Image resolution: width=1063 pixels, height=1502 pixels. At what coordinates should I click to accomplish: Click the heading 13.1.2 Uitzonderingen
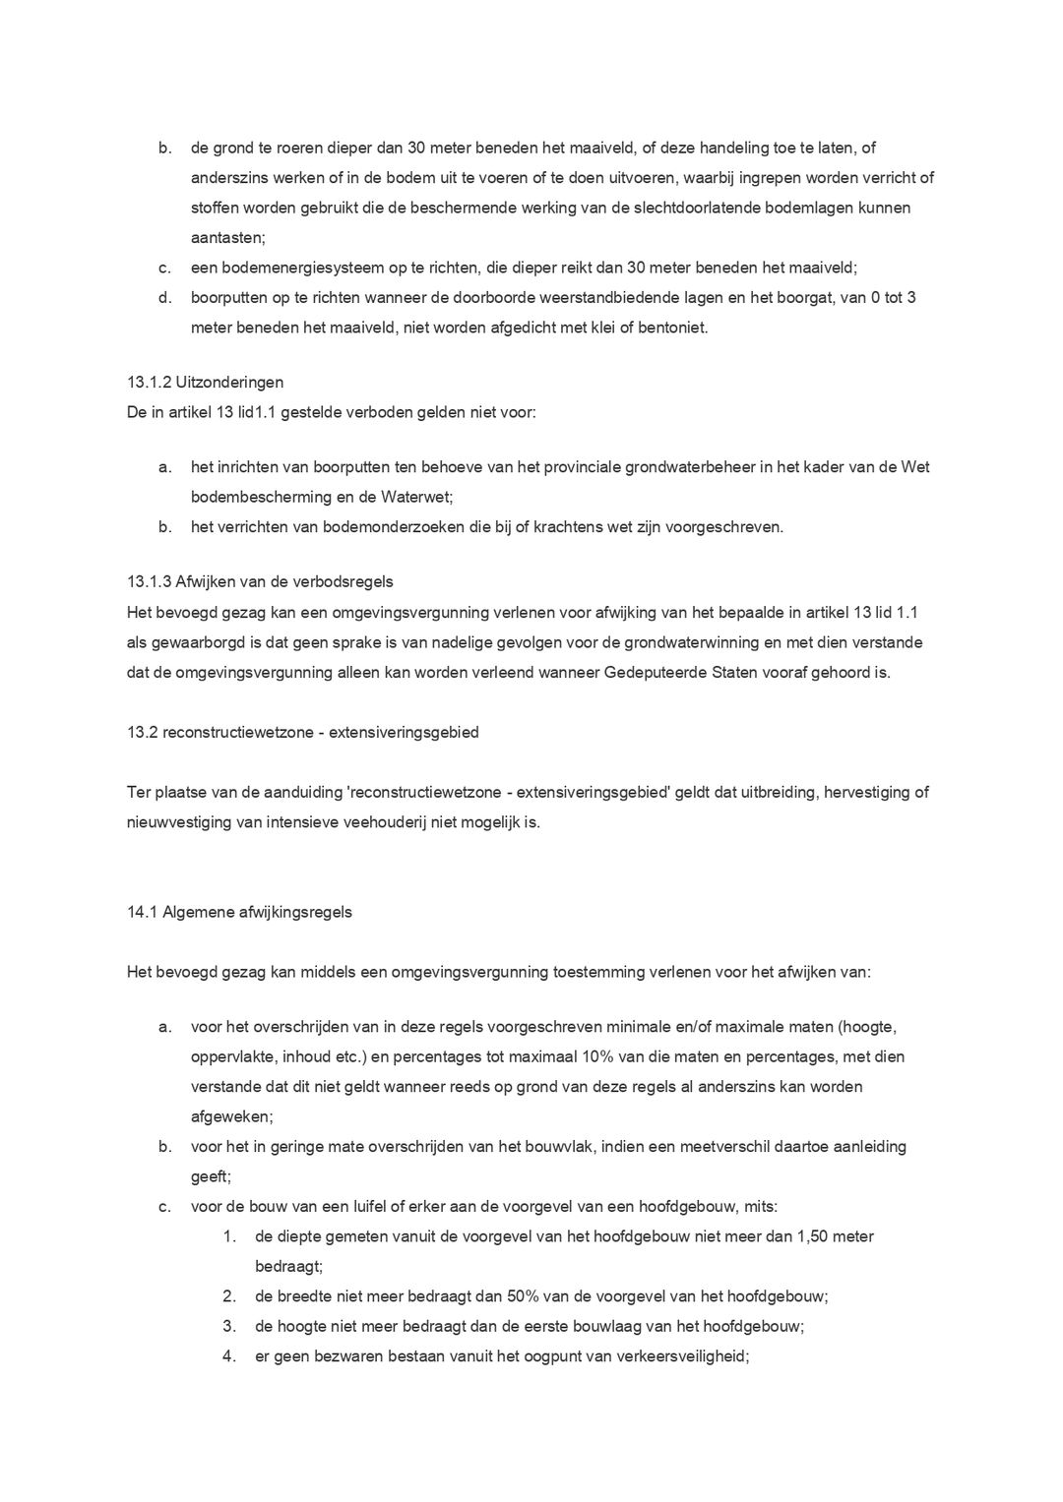coord(205,383)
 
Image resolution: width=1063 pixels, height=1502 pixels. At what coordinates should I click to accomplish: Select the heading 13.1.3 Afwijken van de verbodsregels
coord(260,582)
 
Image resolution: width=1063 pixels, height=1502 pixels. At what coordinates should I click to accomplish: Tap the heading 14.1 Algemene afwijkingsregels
coord(239,912)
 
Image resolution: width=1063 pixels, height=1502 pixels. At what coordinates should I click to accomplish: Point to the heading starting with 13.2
coord(302,732)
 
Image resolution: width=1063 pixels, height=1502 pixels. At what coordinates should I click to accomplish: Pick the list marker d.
coord(164,297)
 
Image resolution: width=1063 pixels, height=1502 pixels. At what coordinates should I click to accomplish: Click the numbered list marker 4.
coord(228,1356)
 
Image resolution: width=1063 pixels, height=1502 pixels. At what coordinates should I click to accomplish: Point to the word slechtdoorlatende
coord(672,208)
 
